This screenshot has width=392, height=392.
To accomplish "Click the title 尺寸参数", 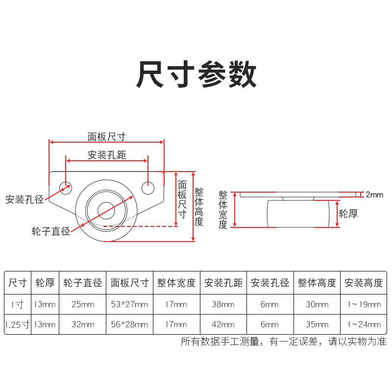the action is (196, 74).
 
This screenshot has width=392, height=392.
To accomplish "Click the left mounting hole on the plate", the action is (65, 187).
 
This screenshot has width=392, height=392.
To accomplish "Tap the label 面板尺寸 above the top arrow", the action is (107, 137).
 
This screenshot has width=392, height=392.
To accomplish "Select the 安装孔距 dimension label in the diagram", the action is (107, 155).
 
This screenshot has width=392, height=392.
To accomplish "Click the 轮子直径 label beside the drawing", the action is (50, 231).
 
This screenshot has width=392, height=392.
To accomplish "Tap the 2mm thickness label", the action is (374, 195).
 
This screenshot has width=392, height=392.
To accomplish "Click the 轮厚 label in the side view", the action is (349, 213).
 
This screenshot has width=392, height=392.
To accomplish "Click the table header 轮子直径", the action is (83, 283).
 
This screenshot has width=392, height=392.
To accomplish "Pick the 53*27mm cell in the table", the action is (129, 304).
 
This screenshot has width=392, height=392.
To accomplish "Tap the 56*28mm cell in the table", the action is (129, 324).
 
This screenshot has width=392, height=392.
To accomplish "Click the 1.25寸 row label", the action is (17, 324).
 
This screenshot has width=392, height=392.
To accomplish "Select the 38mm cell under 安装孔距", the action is (223, 304).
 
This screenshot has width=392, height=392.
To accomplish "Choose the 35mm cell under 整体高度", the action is (317, 324).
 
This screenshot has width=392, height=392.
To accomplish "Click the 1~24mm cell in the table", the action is (363, 324).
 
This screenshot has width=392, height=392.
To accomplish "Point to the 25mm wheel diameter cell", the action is (83, 304).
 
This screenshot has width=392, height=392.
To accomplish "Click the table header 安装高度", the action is (363, 283).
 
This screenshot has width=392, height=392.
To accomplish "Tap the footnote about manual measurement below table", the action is (283, 342).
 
